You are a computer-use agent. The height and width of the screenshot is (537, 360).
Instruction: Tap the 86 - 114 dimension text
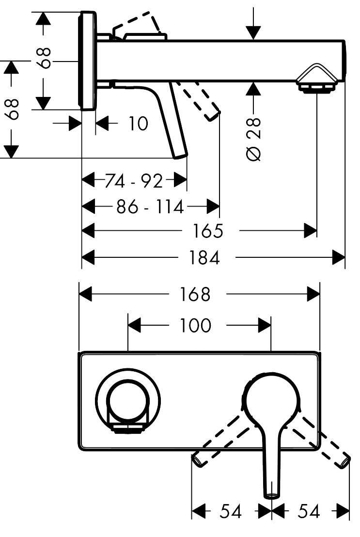[150, 207]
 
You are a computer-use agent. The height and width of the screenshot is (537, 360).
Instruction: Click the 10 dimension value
[138, 124]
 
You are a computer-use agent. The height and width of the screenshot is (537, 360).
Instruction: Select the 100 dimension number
[196, 326]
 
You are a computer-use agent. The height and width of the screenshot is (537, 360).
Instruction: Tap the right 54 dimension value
[308, 511]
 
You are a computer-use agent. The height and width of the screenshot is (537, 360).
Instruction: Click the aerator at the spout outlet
[316, 87]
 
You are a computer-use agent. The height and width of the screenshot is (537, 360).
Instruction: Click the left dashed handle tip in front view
[198, 458]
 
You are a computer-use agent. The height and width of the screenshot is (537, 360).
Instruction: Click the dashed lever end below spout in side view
[214, 115]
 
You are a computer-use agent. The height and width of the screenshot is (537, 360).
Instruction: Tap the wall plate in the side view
[88, 61]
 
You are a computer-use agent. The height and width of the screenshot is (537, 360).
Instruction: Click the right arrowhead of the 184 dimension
[339, 257]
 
